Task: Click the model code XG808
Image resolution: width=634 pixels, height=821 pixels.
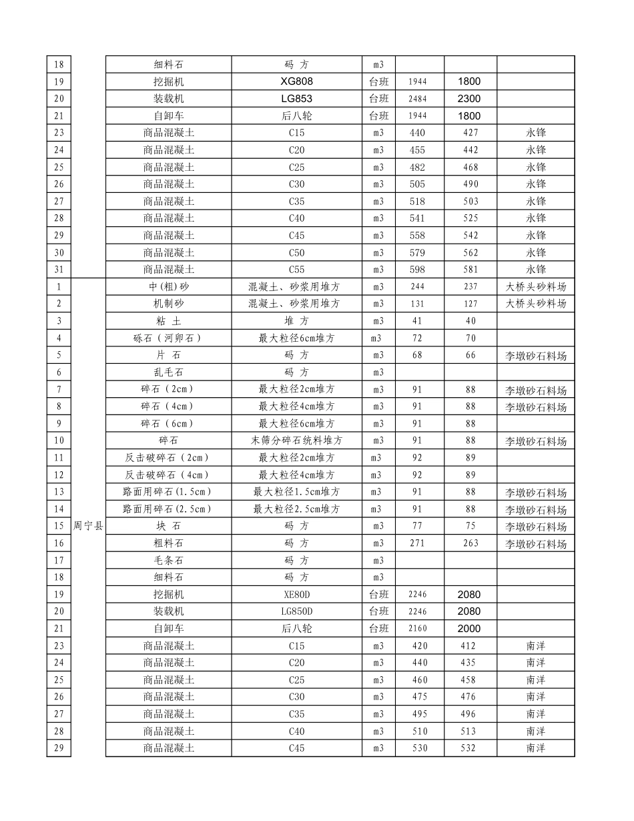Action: [296, 81]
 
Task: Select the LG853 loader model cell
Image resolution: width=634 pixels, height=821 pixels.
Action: [296, 99]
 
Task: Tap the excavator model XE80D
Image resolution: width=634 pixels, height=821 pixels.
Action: [296, 594]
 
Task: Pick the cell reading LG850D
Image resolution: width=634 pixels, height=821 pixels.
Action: [296, 611]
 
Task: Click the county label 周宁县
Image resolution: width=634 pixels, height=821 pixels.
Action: [88, 526]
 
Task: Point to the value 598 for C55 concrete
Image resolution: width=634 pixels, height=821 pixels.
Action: [417, 270]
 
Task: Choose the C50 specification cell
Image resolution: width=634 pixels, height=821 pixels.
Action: [296, 252]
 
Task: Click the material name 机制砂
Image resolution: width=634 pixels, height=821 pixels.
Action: [168, 304]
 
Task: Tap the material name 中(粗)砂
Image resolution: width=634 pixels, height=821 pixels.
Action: [168, 286]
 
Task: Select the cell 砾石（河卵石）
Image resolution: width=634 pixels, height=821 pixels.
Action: [168, 338]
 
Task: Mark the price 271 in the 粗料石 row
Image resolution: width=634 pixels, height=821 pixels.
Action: [417, 543]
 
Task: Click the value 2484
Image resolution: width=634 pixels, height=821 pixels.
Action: [417, 99]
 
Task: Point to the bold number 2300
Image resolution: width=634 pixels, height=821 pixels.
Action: [469, 99]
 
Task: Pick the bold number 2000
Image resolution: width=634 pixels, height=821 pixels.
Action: [469, 628]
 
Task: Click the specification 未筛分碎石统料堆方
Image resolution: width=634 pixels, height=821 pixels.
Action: [296, 441]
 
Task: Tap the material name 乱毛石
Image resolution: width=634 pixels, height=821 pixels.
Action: [168, 372]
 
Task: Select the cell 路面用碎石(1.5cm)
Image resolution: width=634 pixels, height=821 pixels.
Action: [168, 492]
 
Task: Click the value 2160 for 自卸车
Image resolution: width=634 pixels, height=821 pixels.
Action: [417, 628]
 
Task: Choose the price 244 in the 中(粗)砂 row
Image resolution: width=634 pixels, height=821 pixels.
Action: [417, 286]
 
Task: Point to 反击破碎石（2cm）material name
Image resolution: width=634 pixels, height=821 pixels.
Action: [168, 458]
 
